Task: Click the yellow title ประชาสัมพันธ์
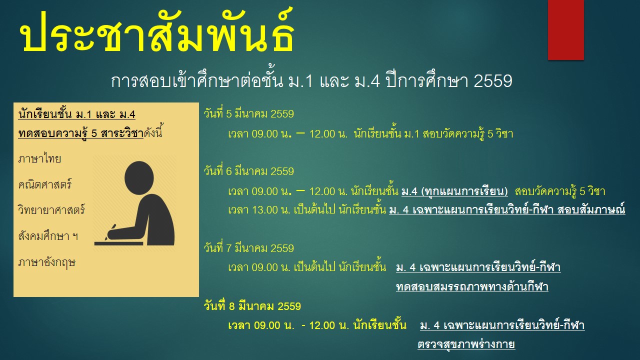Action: click(157, 32)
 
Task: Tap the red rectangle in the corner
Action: click(565, 29)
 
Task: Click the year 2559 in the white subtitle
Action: click(493, 81)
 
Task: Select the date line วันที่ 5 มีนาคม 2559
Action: click(249, 113)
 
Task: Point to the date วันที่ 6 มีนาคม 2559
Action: click(249, 171)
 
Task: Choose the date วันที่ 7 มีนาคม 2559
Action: click(249, 248)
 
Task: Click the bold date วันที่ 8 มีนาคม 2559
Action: click(252, 306)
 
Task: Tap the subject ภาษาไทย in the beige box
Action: click(39, 159)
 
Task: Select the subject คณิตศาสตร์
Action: click(45, 184)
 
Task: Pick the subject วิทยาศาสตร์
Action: click(51, 210)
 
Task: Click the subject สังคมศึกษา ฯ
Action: click(48, 236)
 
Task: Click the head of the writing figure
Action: click(139, 178)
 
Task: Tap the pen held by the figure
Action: click(110, 231)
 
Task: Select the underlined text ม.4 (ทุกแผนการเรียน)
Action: click(454, 191)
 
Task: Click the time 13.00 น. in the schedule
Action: click(271, 210)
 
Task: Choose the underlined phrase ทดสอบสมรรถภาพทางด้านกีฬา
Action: click(472, 286)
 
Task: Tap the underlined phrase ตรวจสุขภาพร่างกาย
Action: click(466, 344)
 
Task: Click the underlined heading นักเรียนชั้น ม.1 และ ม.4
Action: click(76, 114)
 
